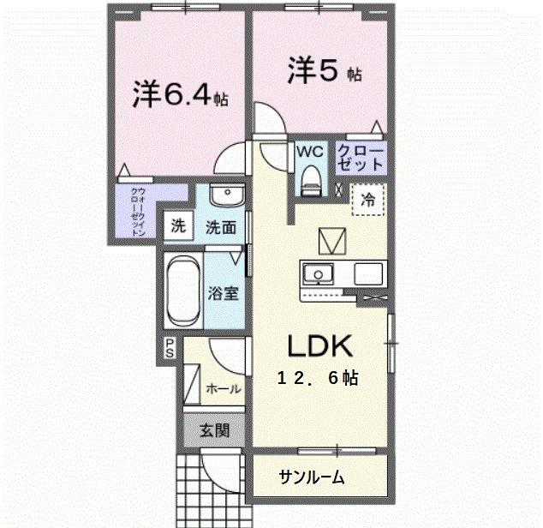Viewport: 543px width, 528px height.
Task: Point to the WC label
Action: [x=309, y=152]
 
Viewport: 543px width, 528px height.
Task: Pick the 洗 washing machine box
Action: [x=177, y=227]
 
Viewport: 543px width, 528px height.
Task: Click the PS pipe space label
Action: [x=170, y=350]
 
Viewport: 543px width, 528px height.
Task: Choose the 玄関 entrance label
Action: [x=214, y=430]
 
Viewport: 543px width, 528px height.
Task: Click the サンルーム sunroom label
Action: [x=312, y=477]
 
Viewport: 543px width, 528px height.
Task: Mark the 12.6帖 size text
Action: [x=317, y=378]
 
